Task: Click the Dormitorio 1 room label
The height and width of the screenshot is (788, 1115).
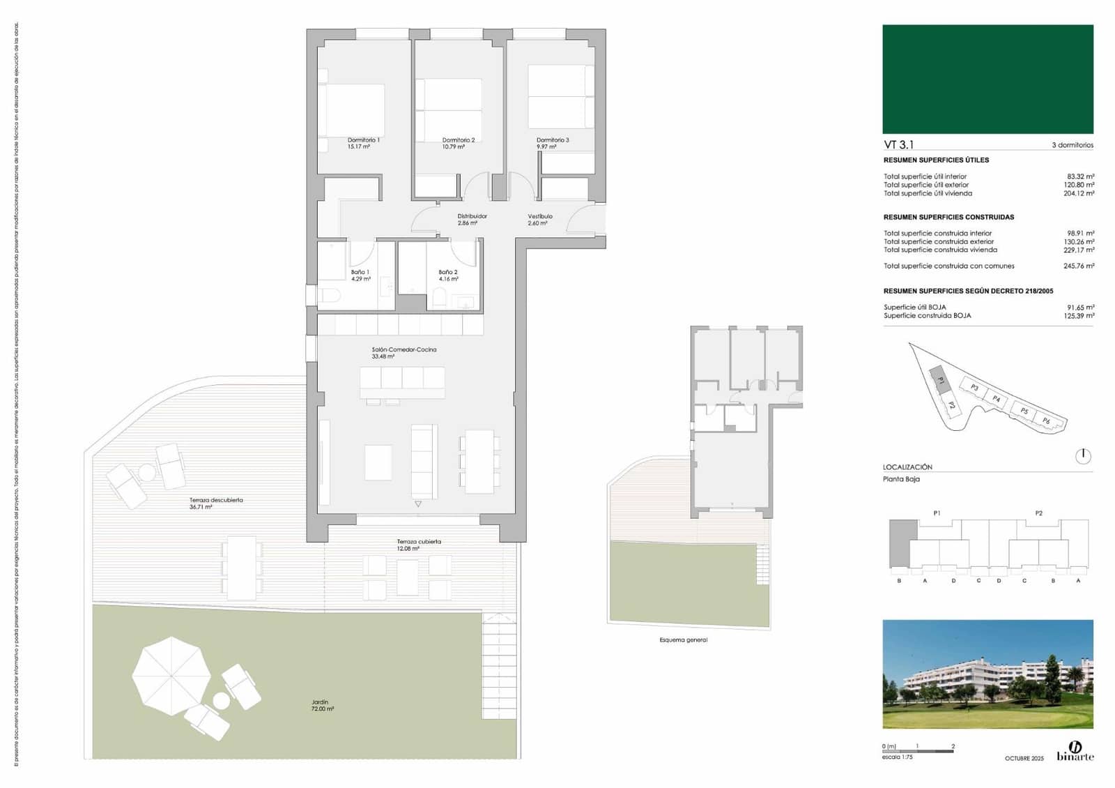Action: coord(363,140)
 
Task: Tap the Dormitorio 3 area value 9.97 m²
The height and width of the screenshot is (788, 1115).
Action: coord(546,147)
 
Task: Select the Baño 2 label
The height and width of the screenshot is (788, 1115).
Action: coord(447,272)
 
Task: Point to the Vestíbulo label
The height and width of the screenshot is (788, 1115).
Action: coord(539,216)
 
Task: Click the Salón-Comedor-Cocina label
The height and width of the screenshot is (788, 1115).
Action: coord(403,349)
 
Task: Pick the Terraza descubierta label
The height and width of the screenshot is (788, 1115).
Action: coord(216,500)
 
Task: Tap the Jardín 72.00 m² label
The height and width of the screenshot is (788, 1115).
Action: coord(321,706)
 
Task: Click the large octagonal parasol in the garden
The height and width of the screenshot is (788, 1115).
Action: coord(171,675)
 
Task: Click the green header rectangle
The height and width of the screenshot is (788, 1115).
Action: coord(987,79)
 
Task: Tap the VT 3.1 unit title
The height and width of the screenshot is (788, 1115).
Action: coord(898,144)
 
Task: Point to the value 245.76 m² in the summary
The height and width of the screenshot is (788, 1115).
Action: coord(1078,266)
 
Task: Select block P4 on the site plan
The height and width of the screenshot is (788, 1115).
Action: coord(997,399)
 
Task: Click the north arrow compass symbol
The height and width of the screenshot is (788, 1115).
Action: coord(1083,456)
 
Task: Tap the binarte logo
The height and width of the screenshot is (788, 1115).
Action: coord(1075,751)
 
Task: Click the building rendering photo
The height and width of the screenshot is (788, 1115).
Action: coord(987,674)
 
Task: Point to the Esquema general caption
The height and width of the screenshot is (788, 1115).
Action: coord(683,639)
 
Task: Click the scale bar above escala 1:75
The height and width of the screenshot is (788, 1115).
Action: coord(917,751)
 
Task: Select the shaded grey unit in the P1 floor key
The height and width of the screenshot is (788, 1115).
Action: coord(903,543)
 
